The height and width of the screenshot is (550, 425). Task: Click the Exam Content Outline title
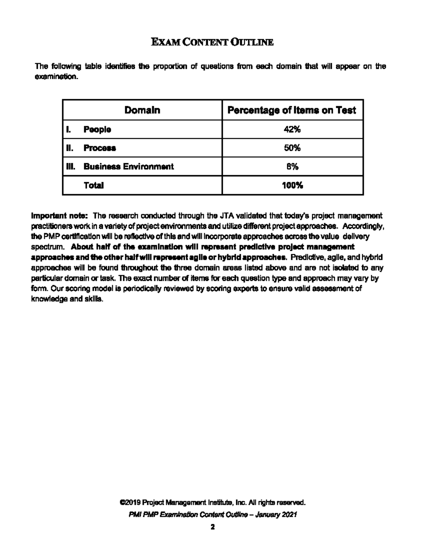coord(212,42)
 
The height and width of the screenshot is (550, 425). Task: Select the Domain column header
coord(142,110)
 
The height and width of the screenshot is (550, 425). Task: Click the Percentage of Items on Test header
coord(291,110)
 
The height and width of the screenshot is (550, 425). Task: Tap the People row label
coord(97,130)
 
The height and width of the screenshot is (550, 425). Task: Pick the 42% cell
coord(292,130)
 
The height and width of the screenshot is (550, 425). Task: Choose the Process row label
coord(100,148)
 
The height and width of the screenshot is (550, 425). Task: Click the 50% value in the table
coord(292,148)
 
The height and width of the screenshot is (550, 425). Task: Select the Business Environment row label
coord(129,166)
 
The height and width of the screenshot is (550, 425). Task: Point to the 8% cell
coord(292,166)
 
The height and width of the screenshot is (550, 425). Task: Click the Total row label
coord(93,185)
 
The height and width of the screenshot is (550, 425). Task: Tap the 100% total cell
coord(292,185)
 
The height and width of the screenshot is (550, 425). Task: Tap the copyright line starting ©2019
coord(212,503)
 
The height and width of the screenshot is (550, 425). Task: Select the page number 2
coord(212,527)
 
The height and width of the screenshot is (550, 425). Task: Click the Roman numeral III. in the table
coord(71,166)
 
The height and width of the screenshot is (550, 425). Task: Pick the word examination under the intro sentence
coord(56,77)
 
